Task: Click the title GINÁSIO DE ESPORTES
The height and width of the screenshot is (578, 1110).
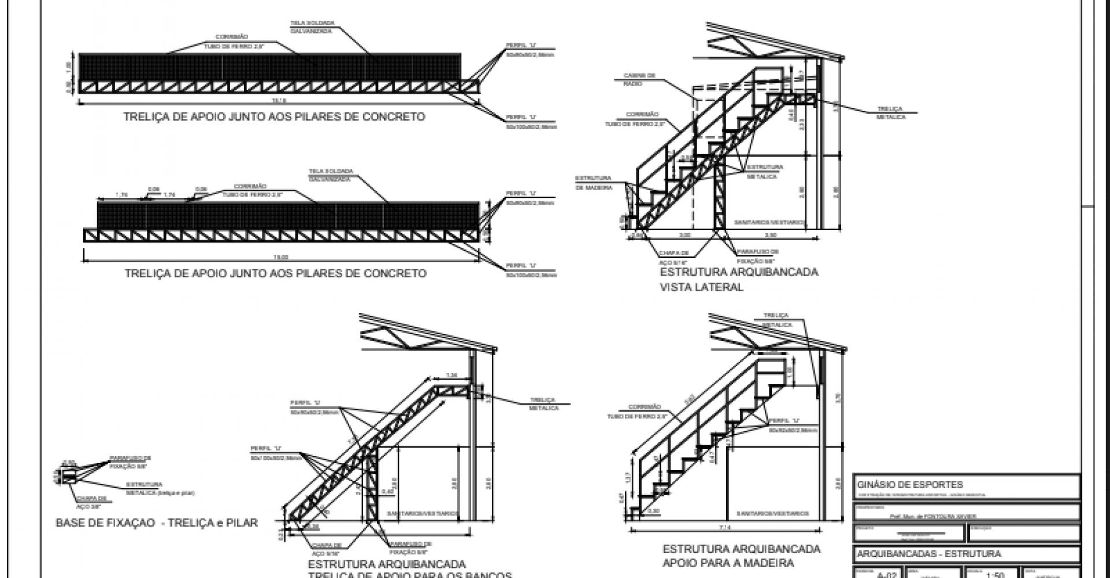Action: coord(910,484)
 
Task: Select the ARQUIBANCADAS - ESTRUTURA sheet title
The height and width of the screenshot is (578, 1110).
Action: coord(928,554)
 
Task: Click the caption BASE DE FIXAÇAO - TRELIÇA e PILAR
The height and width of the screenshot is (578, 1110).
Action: coord(157,523)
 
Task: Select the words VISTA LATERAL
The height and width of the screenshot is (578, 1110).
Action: coord(701,287)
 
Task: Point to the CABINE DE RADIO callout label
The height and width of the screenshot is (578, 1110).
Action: coord(639,80)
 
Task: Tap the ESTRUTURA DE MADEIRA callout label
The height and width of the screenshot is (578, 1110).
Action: coord(593,182)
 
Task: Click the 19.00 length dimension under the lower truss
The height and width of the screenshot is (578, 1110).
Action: coord(281,258)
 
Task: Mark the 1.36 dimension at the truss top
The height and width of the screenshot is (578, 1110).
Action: coord(453,376)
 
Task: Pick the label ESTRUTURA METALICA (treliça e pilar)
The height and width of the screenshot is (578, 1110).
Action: coord(160,488)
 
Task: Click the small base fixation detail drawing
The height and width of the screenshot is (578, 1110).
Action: coord(70,476)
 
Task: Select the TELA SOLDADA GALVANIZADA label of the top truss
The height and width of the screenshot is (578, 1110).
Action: coord(313,27)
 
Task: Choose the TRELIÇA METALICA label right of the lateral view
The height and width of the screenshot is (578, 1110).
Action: coord(890,113)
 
